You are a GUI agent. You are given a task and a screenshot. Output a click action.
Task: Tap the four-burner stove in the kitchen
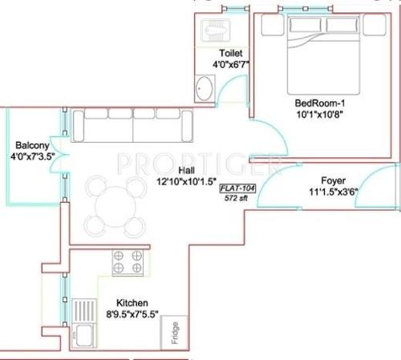128,263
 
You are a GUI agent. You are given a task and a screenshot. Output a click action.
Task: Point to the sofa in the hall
133,125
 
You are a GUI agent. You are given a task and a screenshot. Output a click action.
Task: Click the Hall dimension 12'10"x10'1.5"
185,182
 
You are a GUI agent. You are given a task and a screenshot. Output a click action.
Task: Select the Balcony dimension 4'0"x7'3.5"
32,157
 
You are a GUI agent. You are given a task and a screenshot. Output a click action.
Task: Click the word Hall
185,171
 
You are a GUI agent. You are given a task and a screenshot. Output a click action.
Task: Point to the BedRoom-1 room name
320,103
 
